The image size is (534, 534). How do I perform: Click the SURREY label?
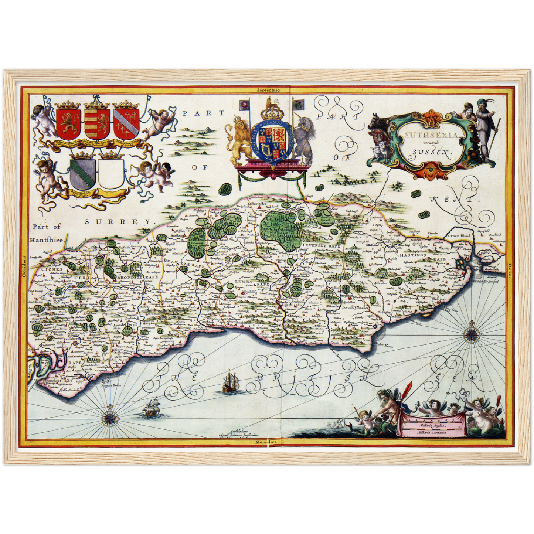click(119, 222)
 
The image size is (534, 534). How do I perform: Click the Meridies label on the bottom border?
click(267, 442)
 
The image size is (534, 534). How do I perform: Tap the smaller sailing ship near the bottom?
click(152, 407)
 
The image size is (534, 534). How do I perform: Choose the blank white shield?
click(111, 173)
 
